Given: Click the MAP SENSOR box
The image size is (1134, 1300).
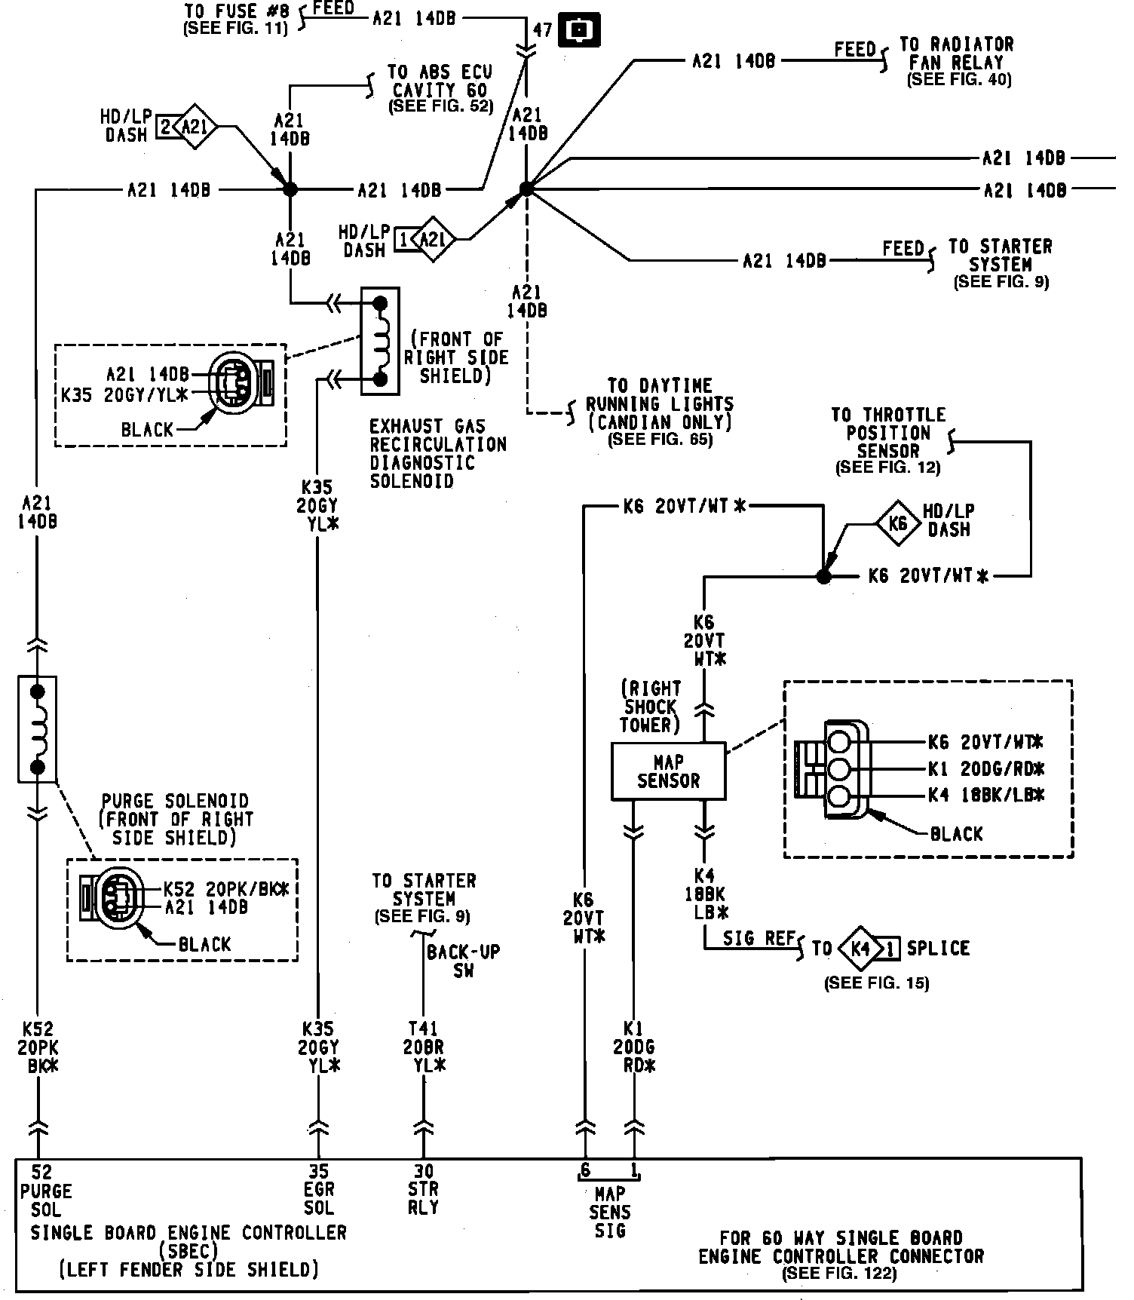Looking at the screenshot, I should [668, 771].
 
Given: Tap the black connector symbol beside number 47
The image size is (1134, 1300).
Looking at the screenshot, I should [579, 31].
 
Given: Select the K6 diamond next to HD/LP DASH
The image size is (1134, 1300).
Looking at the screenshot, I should [897, 521].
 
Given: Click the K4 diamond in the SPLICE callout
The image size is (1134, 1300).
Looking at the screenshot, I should [860, 948].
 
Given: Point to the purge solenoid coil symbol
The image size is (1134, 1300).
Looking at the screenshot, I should [37, 728].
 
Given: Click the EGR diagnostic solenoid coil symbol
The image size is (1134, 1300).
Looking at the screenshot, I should [380, 341].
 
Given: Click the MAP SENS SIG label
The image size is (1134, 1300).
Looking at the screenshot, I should [610, 1212].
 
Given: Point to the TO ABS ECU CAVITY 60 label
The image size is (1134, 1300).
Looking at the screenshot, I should [440, 89].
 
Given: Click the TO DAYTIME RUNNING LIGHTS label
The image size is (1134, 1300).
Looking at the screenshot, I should [660, 412].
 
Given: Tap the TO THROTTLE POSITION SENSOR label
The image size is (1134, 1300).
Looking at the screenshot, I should [888, 441].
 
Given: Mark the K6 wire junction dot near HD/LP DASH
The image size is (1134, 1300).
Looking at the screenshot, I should [823, 577].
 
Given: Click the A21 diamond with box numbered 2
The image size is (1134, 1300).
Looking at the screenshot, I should [194, 127].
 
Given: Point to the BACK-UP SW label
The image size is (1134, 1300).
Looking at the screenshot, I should [463, 961].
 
